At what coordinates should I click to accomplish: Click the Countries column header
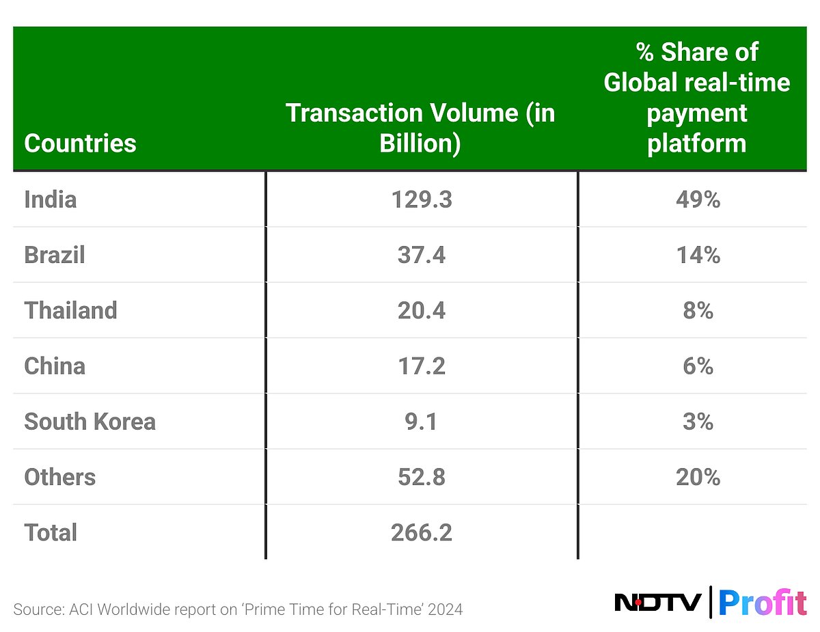[80, 143]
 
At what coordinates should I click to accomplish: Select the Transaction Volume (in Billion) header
[420, 128]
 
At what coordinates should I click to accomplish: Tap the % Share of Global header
[696, 97]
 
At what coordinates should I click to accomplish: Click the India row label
[50, 200]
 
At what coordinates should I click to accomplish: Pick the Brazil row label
[55, 255]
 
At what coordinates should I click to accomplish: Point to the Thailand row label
[70, 310]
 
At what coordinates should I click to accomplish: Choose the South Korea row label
[90, 422]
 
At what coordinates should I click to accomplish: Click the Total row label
[51, 532]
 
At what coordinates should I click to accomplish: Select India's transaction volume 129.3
[421, 200]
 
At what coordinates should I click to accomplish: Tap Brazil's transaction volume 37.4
[421, 255]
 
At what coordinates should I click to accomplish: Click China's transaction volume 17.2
[421, 366]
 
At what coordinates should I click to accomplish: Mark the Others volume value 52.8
[421, 477]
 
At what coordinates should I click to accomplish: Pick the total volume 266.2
[421, 532]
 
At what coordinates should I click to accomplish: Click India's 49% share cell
[698, 200]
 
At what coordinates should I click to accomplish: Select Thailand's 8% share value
[698, 310]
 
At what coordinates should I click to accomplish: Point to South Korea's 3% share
[698, 422]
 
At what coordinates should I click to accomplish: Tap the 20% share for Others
[698, 477]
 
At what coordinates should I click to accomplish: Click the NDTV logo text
[657, 602]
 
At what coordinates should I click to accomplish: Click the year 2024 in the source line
[445, 609]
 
